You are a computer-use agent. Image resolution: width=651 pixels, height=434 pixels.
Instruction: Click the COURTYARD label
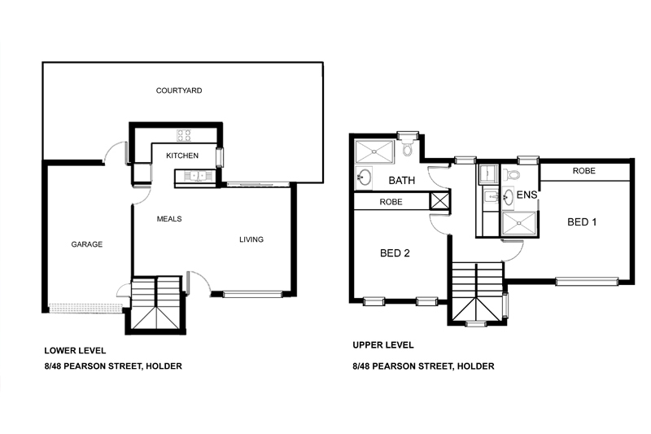(179, 90)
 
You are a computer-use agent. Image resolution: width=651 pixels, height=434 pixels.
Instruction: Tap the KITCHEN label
(182, 156)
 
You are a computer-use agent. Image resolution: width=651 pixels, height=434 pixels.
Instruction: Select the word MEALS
(169, 219)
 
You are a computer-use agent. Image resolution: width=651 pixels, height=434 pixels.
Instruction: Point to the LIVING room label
(251, 239)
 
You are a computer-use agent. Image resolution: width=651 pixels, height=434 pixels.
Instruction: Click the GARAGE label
(87, 244)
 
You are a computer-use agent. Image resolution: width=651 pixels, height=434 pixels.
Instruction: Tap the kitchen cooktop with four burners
(184, 135)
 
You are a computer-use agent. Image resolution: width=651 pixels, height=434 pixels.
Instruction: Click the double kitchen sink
(195, 176)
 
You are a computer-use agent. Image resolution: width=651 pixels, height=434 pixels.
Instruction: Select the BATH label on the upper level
(401, 181)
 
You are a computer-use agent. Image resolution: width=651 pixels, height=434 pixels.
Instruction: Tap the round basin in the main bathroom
(364, 178)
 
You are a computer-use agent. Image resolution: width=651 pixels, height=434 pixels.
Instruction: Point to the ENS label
(526, 195)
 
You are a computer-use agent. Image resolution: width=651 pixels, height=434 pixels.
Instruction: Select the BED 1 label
(582, 222)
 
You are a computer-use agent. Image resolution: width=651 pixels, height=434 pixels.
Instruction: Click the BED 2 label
(395, 253)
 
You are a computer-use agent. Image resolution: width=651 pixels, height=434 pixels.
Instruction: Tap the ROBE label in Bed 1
(583, 171)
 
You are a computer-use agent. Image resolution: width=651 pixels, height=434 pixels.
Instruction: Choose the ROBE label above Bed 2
(391, 202)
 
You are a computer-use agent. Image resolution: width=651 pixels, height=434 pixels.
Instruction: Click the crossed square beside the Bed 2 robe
(439, 201)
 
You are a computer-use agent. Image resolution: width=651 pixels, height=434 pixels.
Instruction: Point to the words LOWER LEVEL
(75, 351)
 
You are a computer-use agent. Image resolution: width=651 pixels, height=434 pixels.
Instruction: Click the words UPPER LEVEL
(382, 345)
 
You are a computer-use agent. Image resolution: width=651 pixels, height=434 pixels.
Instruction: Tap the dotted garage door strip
(85, 308)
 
